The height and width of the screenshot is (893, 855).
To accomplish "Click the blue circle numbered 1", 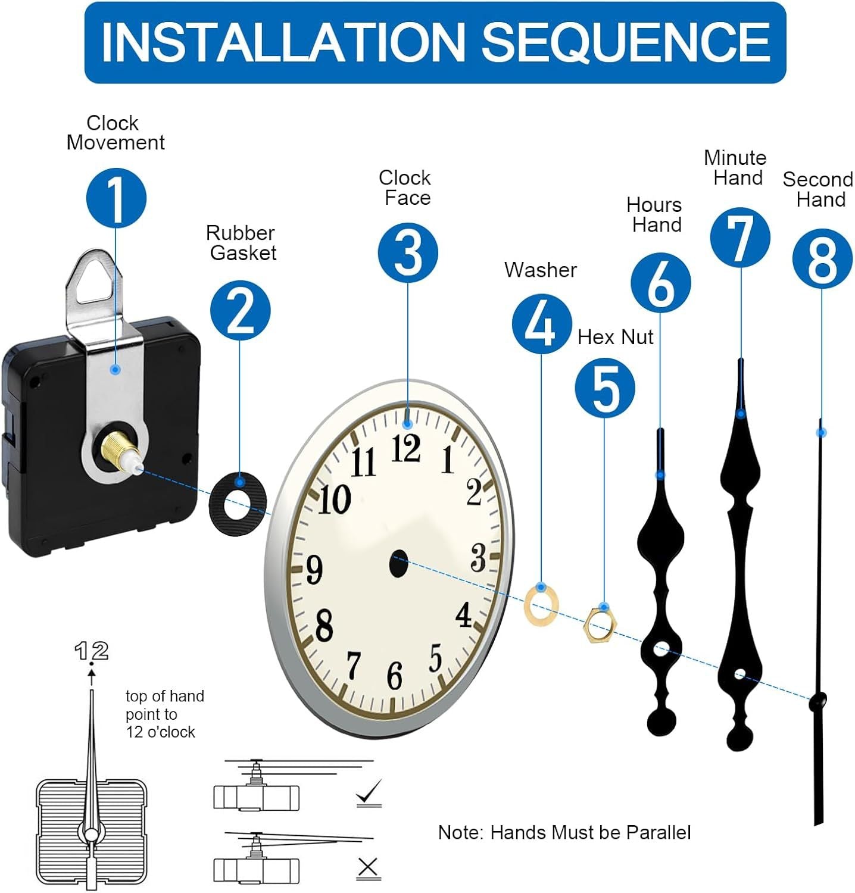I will click(116, 198).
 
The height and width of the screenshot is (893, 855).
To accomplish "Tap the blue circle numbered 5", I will click(604, 388).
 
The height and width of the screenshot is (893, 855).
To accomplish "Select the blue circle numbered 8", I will click(822, 260).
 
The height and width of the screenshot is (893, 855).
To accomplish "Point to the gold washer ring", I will click(541, 605).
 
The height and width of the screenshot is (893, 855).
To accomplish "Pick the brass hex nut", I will click(600, 624).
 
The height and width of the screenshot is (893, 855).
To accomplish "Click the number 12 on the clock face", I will click(406, 448).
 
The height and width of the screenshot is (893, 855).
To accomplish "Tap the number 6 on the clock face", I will click(394, 675).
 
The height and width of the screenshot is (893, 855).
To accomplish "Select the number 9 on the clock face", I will click(314, 569).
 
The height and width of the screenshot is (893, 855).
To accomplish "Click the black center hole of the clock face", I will click(398, 563).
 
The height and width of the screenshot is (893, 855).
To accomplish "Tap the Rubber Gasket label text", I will click(241, 243).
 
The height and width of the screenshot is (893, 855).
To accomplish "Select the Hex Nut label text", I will click(615, 337).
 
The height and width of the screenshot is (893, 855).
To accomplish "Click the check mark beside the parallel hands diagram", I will click(369, 794).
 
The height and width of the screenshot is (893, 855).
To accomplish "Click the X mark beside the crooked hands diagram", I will click(368, 868).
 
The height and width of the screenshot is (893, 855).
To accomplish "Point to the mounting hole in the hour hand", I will click(660, 648).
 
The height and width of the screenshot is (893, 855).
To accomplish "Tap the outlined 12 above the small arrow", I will click(92, 651).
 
